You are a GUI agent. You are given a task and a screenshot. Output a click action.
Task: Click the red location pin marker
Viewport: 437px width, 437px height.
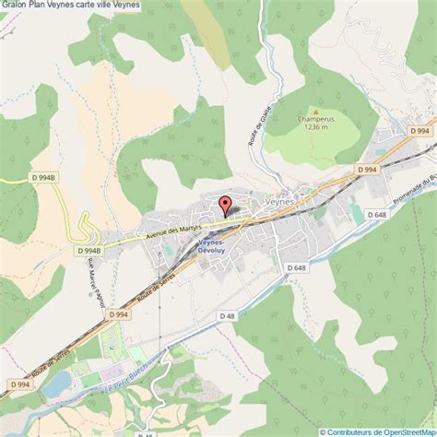click(x=223, y=206)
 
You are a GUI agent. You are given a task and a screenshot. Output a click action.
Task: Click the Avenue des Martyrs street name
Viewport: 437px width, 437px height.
click(x=172, y=230)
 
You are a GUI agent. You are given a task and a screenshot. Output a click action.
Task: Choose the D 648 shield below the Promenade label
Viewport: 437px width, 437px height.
click(x=375, y=215)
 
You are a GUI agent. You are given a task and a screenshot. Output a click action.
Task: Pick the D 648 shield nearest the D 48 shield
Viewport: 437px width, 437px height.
click(x=295, y=267)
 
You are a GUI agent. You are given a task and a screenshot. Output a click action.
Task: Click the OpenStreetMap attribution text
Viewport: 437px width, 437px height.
click(x=378, y=431)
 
